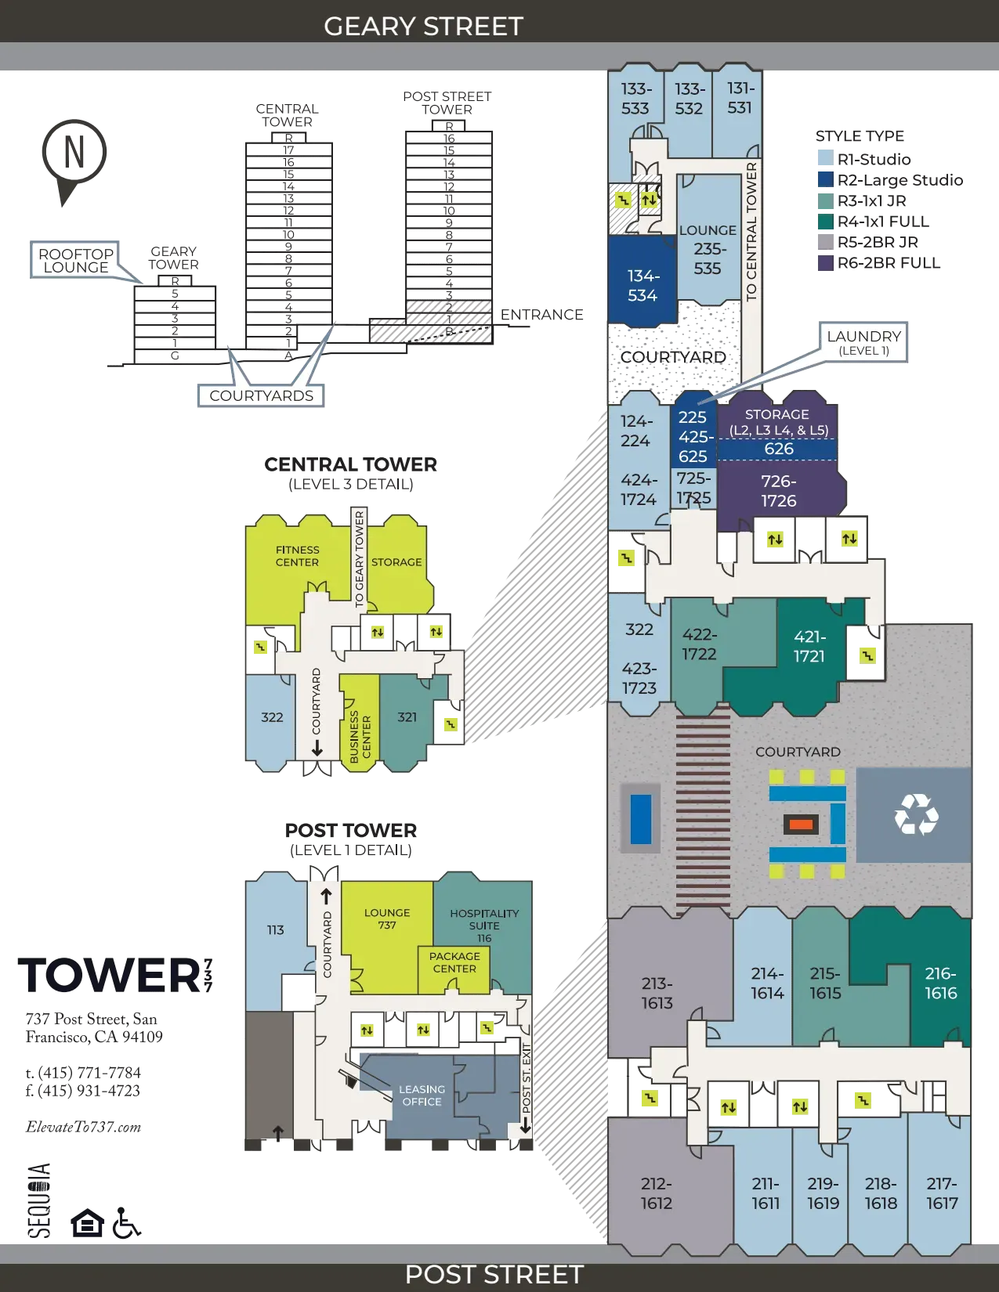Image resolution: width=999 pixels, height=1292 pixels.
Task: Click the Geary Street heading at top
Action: coord(423,26)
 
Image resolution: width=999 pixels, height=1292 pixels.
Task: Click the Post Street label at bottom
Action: coord(494,1274)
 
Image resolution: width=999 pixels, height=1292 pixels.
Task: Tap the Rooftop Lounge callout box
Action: coord(76,260)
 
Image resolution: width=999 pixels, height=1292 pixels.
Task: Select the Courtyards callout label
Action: coord(261,395)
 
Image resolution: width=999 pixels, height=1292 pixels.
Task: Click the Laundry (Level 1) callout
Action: coord(863,342)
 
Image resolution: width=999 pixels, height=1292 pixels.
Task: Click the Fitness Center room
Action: coord(297,556)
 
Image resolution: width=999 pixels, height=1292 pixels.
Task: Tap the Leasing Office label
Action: coord(422,1095)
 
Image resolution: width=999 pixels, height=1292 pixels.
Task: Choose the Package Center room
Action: coord(454,962)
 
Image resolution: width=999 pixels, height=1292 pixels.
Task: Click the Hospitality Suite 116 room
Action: coord(484,924)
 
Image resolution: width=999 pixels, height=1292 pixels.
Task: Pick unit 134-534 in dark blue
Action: coord(642,285)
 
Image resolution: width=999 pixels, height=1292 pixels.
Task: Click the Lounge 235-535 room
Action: coord(708,249)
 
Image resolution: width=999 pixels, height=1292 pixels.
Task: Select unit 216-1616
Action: coord(940,983)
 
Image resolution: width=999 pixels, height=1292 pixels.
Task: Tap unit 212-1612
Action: coord(656,1193)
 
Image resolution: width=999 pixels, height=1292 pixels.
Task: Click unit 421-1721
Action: coord(809,646)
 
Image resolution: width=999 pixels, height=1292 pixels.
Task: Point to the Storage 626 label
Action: coord(778,449)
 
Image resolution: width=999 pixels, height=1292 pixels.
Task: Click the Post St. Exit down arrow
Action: coord(525,1128)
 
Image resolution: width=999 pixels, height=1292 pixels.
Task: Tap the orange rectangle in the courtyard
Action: coord(800,824)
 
